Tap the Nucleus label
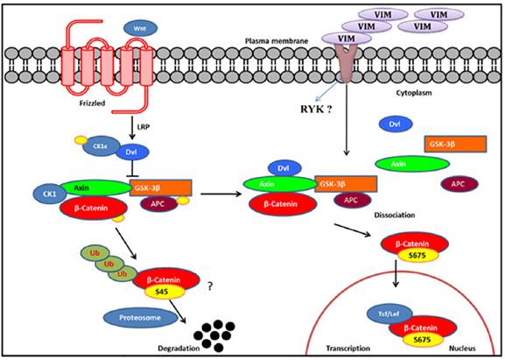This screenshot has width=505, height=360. point(454,346)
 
